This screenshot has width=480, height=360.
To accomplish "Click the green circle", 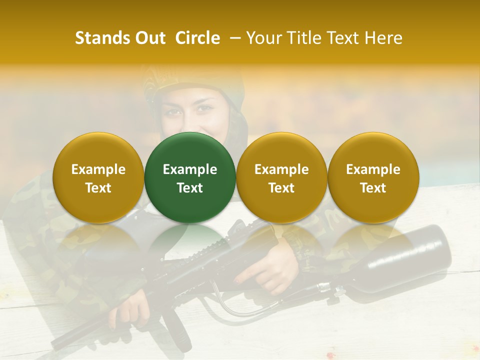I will [190, 177].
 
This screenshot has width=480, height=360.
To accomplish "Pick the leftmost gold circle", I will [98, 177].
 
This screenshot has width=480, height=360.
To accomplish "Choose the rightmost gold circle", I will [373, 177].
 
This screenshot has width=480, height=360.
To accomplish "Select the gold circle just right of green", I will [281, 177].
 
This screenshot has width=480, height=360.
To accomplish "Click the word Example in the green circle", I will [190, 169].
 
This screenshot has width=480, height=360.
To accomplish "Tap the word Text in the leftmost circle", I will [98, 188].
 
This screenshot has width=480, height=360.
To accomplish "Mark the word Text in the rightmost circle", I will [373, 188].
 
